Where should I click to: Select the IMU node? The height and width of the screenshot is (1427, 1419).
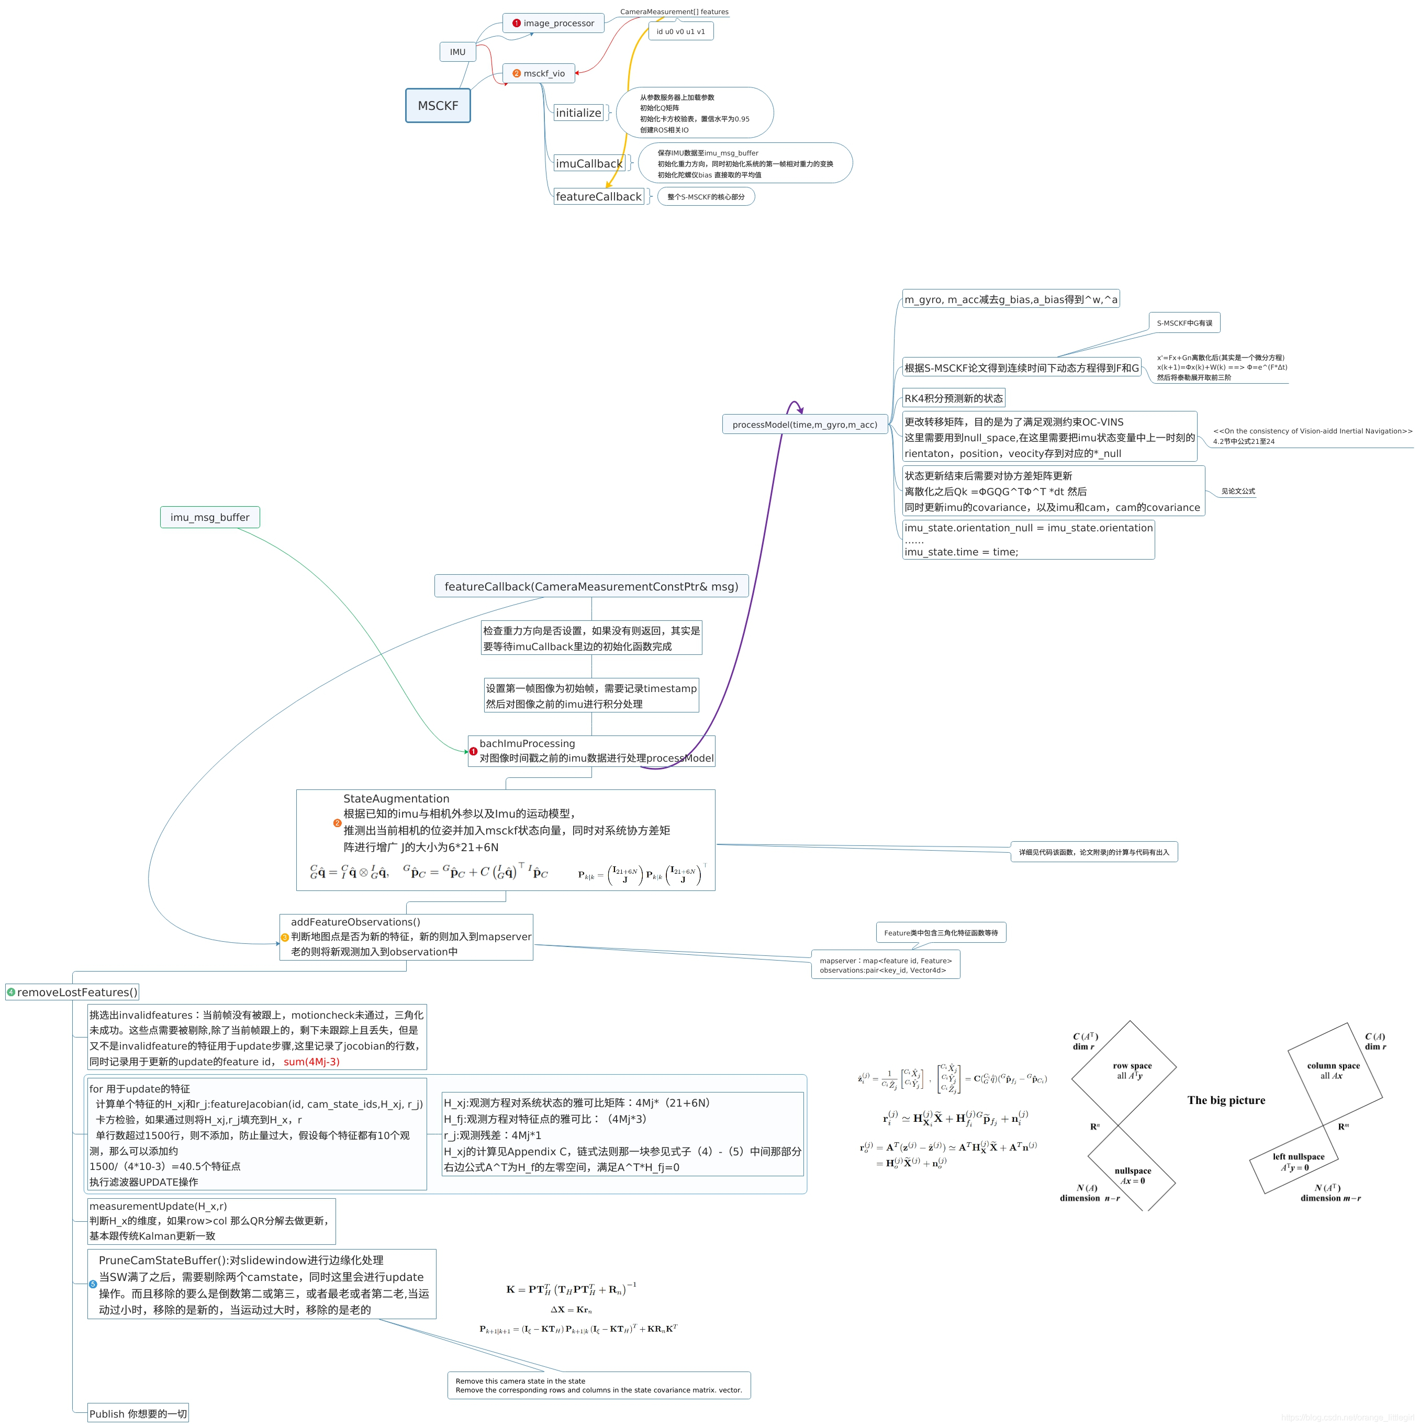pyautogui.click(x=457, y=52)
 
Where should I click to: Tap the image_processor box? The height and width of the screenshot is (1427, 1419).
pyautogui.click(x=553, y=23)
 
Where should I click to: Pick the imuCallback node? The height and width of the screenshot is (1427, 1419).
pyautogui.click(x=589, y=163)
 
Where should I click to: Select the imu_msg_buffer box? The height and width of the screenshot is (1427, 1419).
pyautogui.click(x=210, y=517)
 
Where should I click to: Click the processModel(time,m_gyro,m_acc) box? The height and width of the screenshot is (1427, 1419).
pyautogui.click(x=805, y=425)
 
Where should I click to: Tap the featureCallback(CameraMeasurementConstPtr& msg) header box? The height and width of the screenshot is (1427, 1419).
pyautogui.click(x=591, y=586)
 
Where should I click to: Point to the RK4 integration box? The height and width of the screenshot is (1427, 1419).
pyautogui.click(x=953, y=398)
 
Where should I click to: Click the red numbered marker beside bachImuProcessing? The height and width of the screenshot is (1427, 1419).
pyautogui.click(x=474, y=751)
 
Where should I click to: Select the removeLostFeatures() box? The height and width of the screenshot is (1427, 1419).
pyautogui.click(x=72, y=992)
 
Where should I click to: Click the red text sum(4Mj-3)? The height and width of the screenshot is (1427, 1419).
pyautogui.click(x=311, y=1062)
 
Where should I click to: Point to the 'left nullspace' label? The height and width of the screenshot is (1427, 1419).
pyautogui.click(x=1298, y=1157)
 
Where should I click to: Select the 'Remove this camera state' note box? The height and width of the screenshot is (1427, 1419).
pyautogui.click(x=598, y=1385)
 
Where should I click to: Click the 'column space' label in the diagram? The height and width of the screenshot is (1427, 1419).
pyautogui.click(x=1333, y=1066)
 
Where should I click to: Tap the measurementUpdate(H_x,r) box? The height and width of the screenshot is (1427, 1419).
pyautogui.click(x=211, y=1221)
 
